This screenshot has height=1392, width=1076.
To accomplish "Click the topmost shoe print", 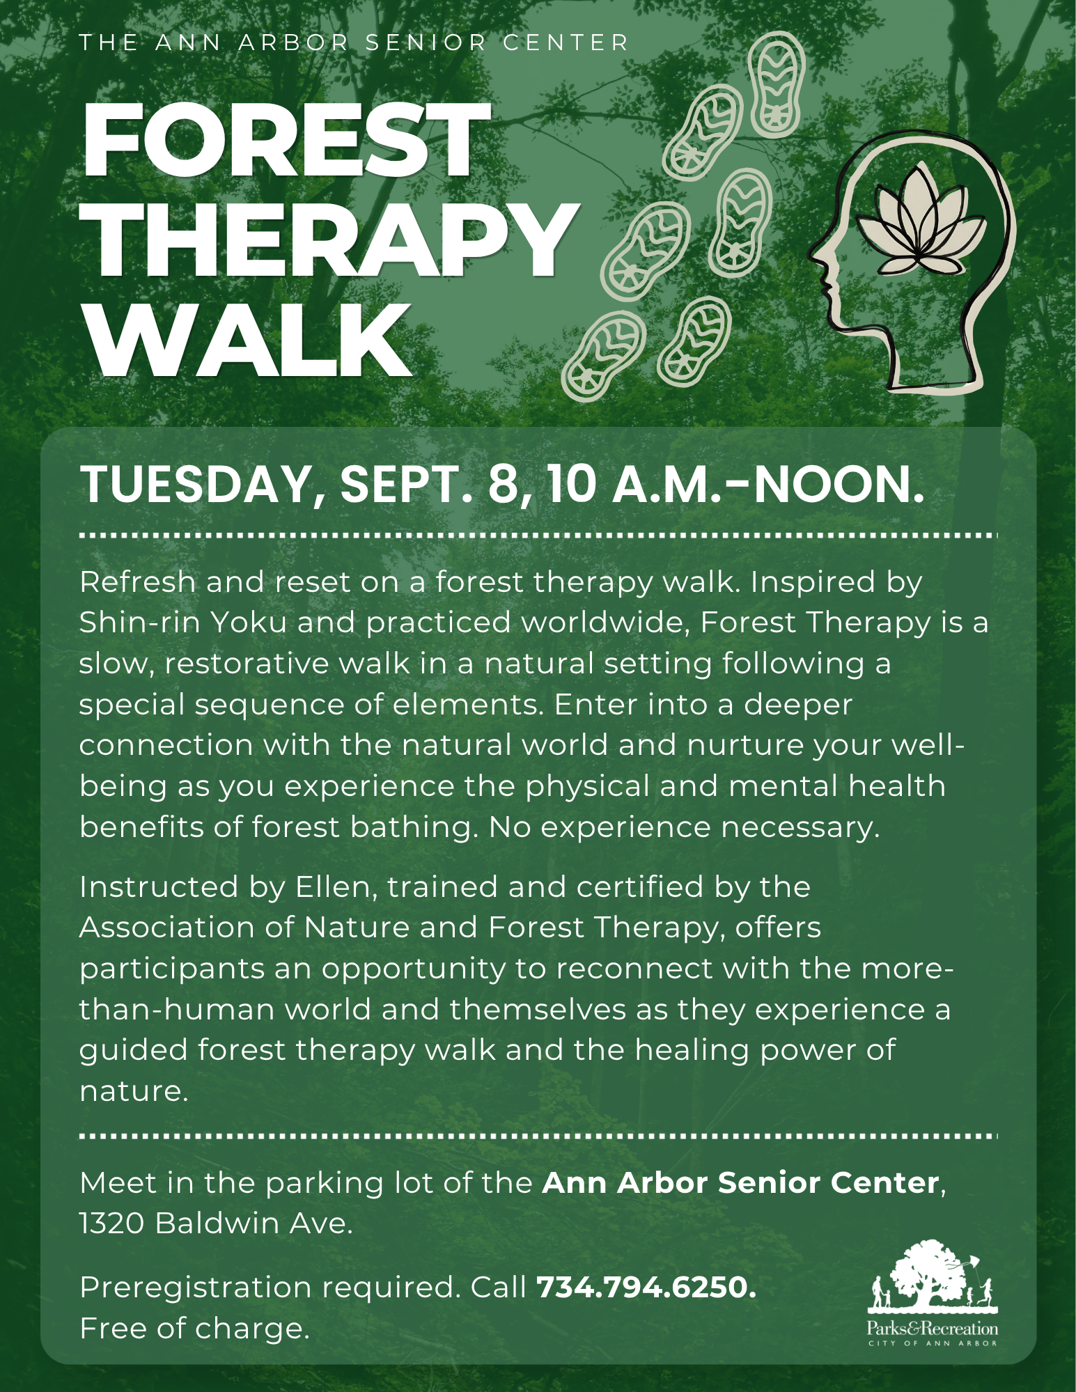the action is click(776, 84).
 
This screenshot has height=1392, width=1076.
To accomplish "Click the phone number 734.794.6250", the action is click(646, 1287).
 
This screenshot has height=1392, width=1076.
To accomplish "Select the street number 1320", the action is click(111, 1223).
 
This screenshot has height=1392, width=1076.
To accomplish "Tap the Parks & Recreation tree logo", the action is click(933, 1292).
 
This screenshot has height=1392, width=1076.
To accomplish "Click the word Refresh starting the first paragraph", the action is click(138, 581).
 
